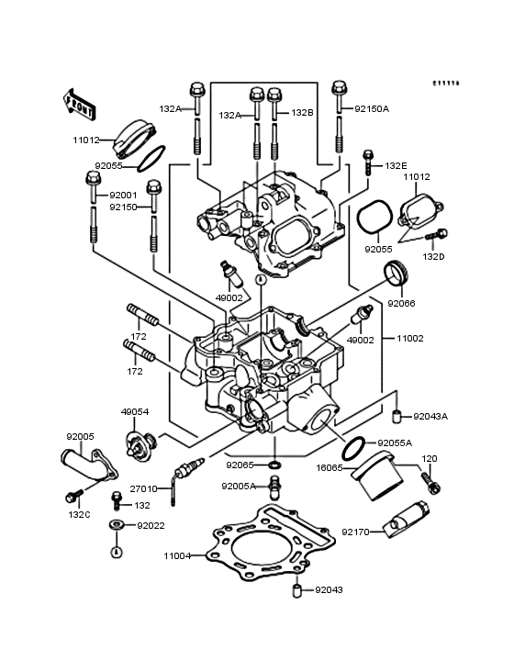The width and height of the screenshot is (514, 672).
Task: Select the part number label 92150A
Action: click(x=373, y=108)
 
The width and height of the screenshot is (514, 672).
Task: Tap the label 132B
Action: click(x=303, y=113)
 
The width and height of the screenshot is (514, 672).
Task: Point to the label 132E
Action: click(x=396, y=166)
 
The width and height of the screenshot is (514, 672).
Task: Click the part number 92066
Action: click(x=402, y=302)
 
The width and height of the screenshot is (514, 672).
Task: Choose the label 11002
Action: click(x=409, y=339)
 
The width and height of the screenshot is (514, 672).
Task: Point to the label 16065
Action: click(x=330, y=467)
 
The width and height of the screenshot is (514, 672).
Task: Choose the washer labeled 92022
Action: click(x=117, y=525)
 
